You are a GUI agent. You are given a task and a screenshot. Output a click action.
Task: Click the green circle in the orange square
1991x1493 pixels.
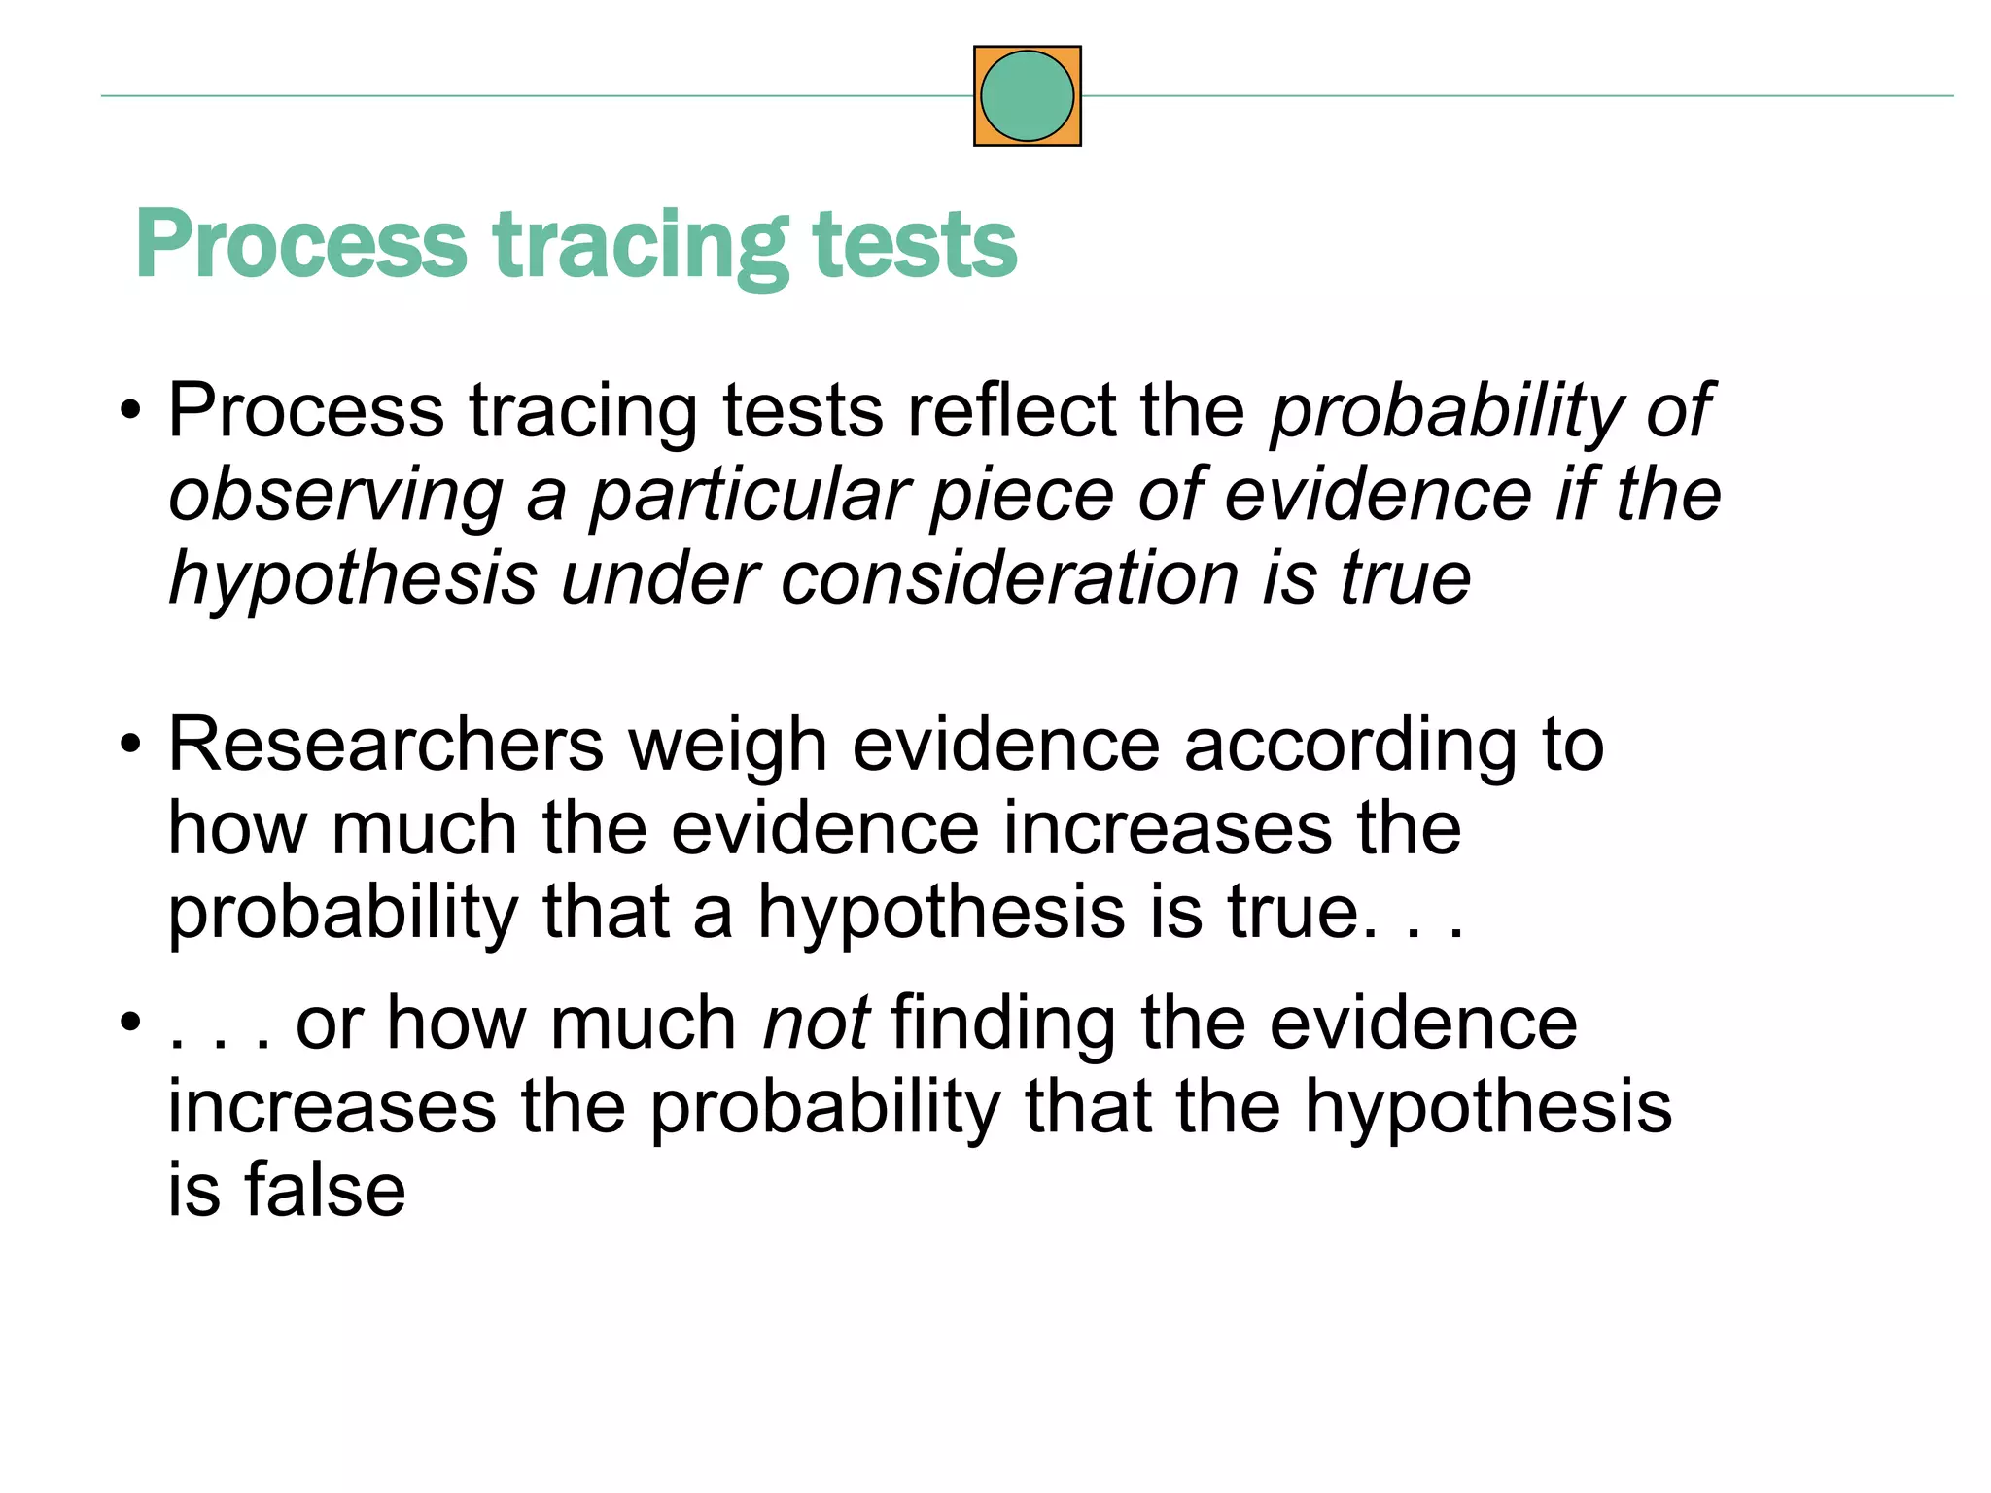1027,96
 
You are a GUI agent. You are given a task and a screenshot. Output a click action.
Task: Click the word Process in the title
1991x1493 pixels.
301,245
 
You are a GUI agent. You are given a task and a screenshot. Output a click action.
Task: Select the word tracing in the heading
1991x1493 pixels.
641,247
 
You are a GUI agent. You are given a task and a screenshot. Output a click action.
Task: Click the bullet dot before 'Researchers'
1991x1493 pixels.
131,746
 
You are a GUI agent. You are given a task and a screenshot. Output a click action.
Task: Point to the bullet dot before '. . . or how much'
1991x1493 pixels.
131,1024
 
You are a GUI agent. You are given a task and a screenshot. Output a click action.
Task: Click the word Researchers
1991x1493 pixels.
386,746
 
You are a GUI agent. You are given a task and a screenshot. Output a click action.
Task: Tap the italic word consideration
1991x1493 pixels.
1009,578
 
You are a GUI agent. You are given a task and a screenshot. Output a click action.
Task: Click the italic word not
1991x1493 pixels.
816,1024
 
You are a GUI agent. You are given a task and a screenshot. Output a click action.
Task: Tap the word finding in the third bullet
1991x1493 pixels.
1002,1025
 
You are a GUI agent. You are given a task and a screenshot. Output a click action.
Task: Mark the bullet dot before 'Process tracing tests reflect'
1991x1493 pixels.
131,411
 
